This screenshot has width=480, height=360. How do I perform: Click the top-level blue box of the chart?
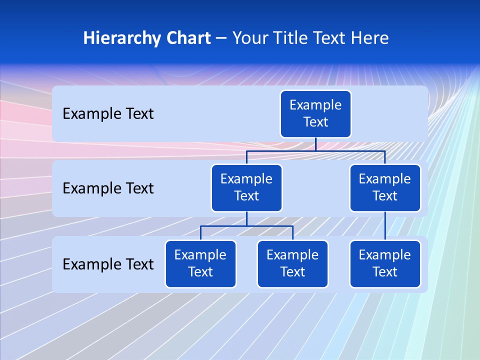point(315,114)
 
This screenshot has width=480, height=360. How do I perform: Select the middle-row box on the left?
point(246,188)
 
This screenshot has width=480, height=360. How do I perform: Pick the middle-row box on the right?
point(385,188)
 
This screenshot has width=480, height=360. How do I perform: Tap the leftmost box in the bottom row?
point(200,264)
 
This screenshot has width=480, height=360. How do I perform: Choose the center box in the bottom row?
point(292,264)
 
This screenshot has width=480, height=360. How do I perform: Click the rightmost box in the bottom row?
point(385,264)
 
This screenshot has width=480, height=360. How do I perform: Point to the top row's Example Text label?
point(108,114)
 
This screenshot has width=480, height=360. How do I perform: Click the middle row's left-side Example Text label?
point(108,188)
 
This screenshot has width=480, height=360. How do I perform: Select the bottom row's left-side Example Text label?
point(108,264)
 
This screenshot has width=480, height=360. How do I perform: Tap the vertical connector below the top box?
point(315,144)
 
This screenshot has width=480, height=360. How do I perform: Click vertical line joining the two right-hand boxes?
point(385,226)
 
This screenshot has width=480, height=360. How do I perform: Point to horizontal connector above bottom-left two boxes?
point(246,226)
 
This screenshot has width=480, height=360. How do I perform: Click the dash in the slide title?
point(221,38)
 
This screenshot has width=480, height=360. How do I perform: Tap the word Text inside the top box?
point(315,122)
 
